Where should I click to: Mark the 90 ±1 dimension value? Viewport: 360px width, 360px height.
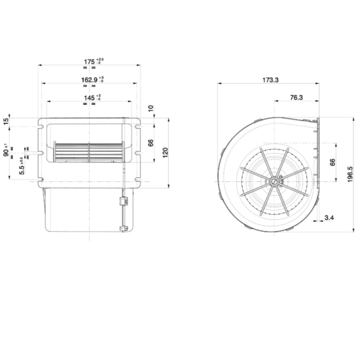(x=6, y=153)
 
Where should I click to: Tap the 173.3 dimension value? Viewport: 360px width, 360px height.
(x=269, y=80)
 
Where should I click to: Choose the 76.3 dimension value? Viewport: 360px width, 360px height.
(x=295, y=98)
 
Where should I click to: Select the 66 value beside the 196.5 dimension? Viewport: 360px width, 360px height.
(x=332, y=162)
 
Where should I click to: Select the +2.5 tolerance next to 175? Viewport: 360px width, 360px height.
(x=99, y=61)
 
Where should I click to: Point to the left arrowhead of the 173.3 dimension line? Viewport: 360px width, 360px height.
(x=219, y=84)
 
